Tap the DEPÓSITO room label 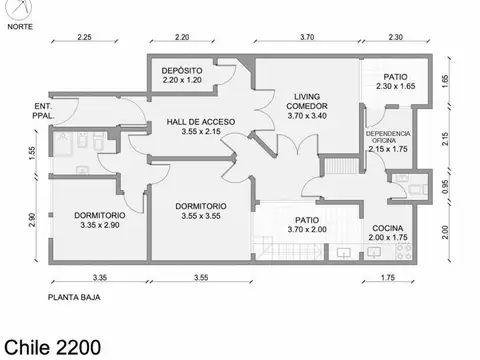pyautogui.click(x=182, y=71)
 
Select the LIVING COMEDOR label pyautogui.click(x=307, y=101)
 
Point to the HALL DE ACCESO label pyautogui.click(x=201, y=122)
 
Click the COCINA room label pyautogui.click(x=388, y=228)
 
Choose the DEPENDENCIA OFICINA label pyautogui.click(x=388, y=137)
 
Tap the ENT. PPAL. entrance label pyautogui.click(x=43, y=111)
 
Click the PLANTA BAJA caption pyautogui.click(x=74, y=297)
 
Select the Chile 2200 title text pyautogui.click(x=52, y=347)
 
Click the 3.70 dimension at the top pyautogui.click(x=307, y=37)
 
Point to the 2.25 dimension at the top pyautogui.click(x=84, y=37)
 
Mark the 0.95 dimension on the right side pyautogui.click(x=445, y=187)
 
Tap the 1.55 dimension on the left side pyautogui.click(x=32, y=153)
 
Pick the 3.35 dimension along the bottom pyautogui.click(x=100, y=277)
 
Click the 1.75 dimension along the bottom pyautogui.click(x=388, y=277)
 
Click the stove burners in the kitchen pyautogui.click(x=404, y=252)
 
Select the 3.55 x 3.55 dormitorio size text pyautogui.click(x=201, y=216)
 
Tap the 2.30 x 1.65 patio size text pyautogui.click(x=396, y=86)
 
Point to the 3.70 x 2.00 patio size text pyautogui.click(x=307, y=229)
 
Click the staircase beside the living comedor pyautogui.click(x=342, y=166)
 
